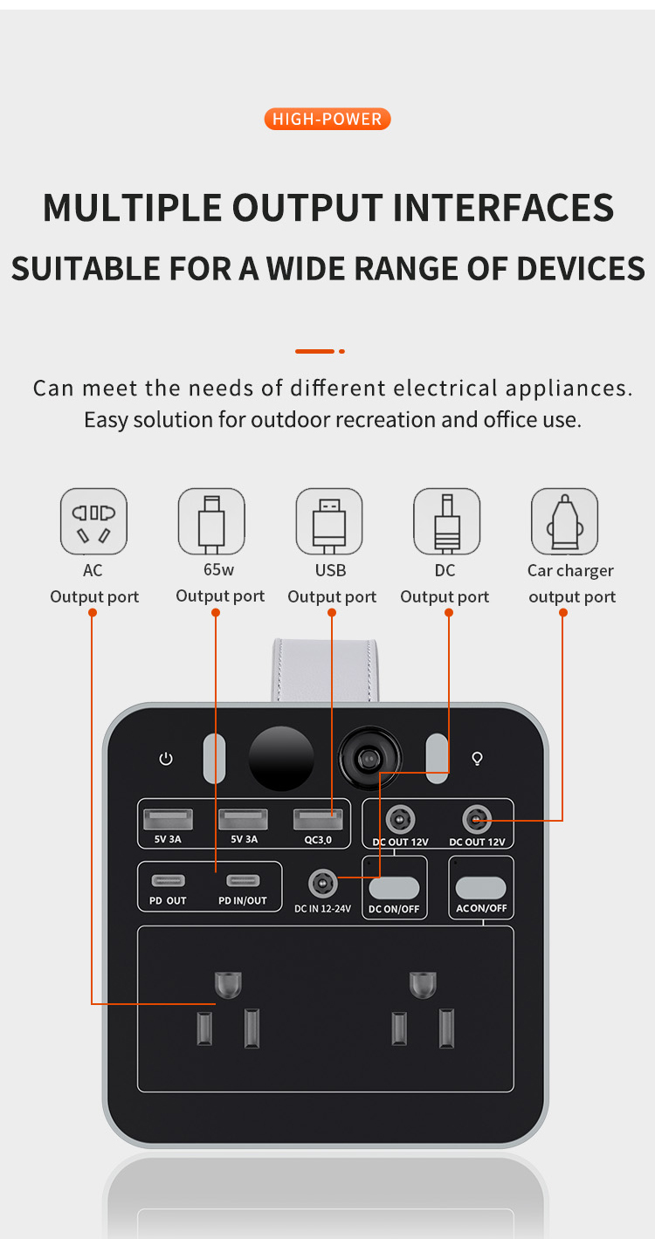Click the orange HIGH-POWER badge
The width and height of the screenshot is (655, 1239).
[x=327, y=119]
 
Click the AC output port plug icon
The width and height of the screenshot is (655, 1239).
[x=93, y=521]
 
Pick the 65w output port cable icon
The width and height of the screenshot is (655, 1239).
[x=211, y=521]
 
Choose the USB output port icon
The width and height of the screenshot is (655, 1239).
[x=329, y=521]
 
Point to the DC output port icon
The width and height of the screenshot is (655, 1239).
[x=446, y=521]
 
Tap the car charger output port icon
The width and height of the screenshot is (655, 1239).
[x=564, y=521]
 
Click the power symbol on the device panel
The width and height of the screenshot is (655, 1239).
[x=166, y=759]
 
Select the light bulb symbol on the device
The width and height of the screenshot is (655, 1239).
[x=478, y=759]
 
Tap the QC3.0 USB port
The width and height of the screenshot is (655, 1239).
[x=318, y=820]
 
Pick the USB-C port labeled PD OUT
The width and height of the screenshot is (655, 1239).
[x=167, y=880]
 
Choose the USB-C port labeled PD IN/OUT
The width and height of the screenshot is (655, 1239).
[x=242, y=880]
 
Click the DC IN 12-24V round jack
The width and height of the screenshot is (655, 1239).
[x=322, y=883]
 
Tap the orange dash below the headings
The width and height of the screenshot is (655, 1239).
[x=315, y=351]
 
